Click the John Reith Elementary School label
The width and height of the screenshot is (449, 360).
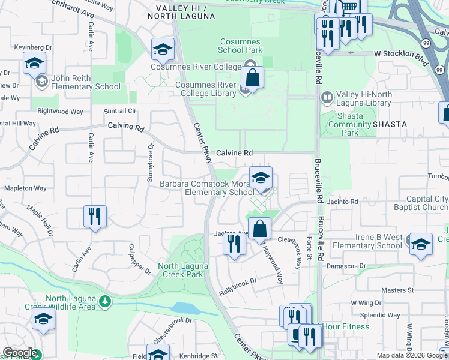click(86, 82)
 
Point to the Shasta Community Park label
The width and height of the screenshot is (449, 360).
click(350, 124)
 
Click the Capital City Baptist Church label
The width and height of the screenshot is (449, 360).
click(418, 203)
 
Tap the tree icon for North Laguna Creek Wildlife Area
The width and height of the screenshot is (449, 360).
click(105, 300)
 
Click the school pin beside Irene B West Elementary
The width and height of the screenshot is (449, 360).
click(421, 244)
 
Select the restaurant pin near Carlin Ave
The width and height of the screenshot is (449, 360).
click(95, 216)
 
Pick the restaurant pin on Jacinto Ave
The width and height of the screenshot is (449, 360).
click(234, 243)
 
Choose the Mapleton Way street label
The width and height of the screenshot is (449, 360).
click(25, 188)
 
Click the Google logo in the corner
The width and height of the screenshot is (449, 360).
click(19, 353)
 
